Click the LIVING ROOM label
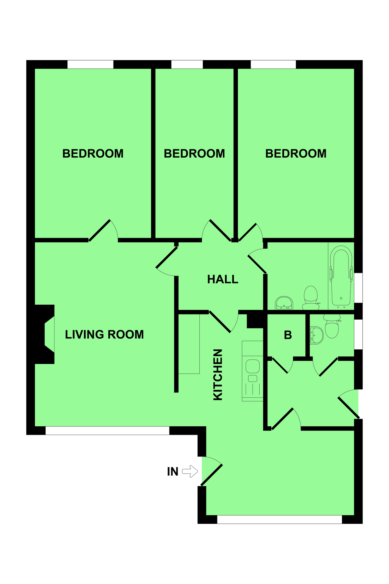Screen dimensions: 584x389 [x=104, y=335]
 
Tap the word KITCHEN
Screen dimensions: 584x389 [x=218, y=374]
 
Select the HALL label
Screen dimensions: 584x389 [x=223, y=279]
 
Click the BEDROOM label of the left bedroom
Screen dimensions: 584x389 [x=93, y=153]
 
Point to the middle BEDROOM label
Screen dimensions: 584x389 [x=194, y=153]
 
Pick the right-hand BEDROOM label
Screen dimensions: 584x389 [x=296, y=153]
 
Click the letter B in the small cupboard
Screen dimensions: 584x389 [x=288, y=335]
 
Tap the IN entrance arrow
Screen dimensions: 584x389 [x=190, y=471]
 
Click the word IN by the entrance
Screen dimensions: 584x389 [x=173, y=472]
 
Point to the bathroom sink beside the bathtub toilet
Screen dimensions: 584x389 [x=284, y=303]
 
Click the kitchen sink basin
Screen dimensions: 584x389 [x=253, y=366]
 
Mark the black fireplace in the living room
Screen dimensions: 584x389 [x=44, y=334]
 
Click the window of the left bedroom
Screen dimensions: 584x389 [x=90, y=64]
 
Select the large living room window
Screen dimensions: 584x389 [x=107, y=431]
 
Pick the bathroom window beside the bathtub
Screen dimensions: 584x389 [x=358, y=288]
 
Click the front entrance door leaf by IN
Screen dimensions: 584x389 [x=212, y=475]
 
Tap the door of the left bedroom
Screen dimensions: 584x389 [x=100, y=230]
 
